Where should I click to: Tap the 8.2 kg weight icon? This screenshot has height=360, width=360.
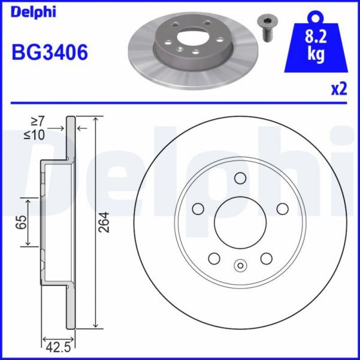coord(314,43)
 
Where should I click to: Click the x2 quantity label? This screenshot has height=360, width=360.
coord(339,89)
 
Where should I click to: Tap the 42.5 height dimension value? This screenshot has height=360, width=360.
coord(55,346)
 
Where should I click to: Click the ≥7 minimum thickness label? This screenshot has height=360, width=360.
coord(38,122)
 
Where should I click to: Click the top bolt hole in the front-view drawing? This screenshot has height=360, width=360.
coord(240,178)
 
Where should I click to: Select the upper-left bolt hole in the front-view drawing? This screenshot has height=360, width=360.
coord(197,208)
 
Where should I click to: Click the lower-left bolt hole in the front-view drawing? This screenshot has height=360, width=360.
coord(214,258)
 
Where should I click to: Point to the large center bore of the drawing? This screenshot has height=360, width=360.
coord(240,223)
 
